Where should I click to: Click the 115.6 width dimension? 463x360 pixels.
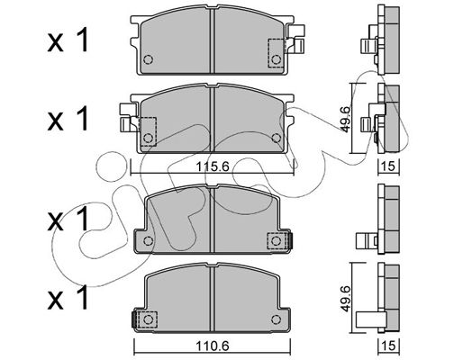click(x=213, y=166)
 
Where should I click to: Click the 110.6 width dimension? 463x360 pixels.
click(x=213, y=346)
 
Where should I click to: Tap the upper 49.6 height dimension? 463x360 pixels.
click(x=345, y=119)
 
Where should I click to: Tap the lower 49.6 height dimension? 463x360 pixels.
click(x=345, y=299)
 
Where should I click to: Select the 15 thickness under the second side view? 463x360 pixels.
click(x=389, y=166)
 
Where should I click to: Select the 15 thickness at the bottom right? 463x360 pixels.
click(x=389, y=346)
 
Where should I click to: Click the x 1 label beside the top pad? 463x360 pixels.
click(x=68, y=40)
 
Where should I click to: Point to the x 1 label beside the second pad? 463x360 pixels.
click(x=68, y=119)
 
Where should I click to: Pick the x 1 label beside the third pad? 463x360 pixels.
click(x=68, y=219)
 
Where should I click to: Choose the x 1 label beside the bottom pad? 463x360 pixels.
click(x=68, y=297)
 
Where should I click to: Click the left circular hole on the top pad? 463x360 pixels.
click(x=148, y=59)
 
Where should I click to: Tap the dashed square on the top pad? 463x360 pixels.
click(x=275, y=53)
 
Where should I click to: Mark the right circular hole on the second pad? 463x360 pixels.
click(x=276, y=138)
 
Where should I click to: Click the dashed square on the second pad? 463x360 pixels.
click(x=149, y=131)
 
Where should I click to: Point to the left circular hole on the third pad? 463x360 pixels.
click(x=148, y=240)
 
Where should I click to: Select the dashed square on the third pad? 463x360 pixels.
click(x=276, y=240)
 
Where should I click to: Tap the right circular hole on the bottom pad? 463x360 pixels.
click(x=276, y=319)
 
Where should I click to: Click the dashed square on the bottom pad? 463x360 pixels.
click(x=148, y=319)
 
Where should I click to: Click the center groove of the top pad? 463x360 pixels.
click(x=213, y=40)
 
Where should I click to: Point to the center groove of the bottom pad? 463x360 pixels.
click(x=213, y=298)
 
